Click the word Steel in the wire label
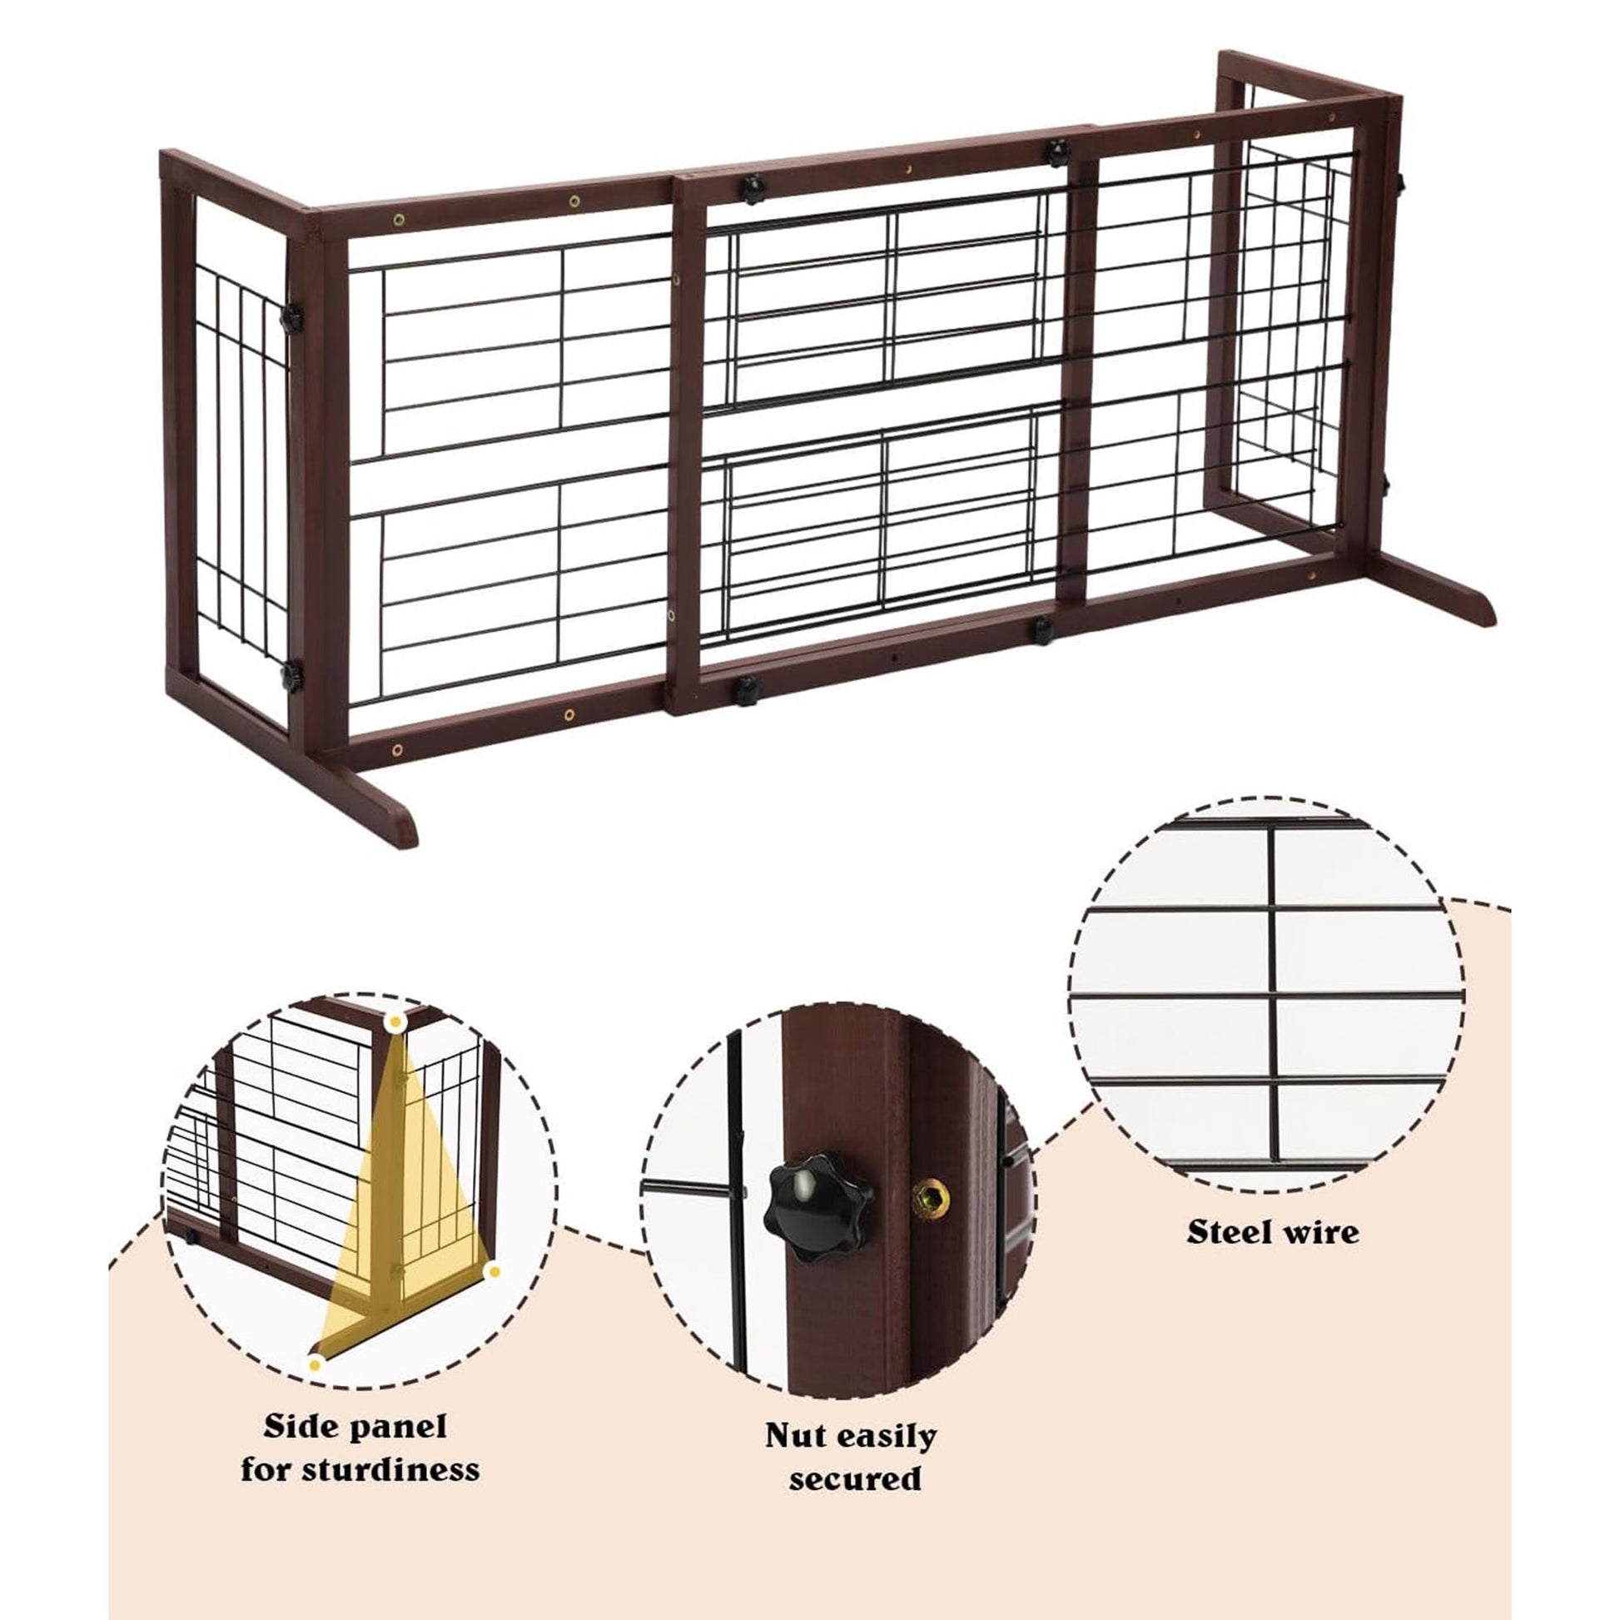[x=1227, y=1233]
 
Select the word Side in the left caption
[x=296, y=1426]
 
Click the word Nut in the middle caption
[x=792, y=1435]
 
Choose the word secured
[x=854, y=1478]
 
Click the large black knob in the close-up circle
[x=815, y=1207]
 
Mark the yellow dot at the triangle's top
[x=395, y=1022]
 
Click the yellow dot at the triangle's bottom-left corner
[x=316, y=1365]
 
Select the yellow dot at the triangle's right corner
[x=494, y=1272]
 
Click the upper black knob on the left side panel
[x=291, y=320]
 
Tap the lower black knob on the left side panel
[x=291, y=676]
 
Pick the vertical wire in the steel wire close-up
[x=1273, y=994]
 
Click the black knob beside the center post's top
[x=753, y=189]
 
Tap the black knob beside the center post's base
[x=744, y=689]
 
